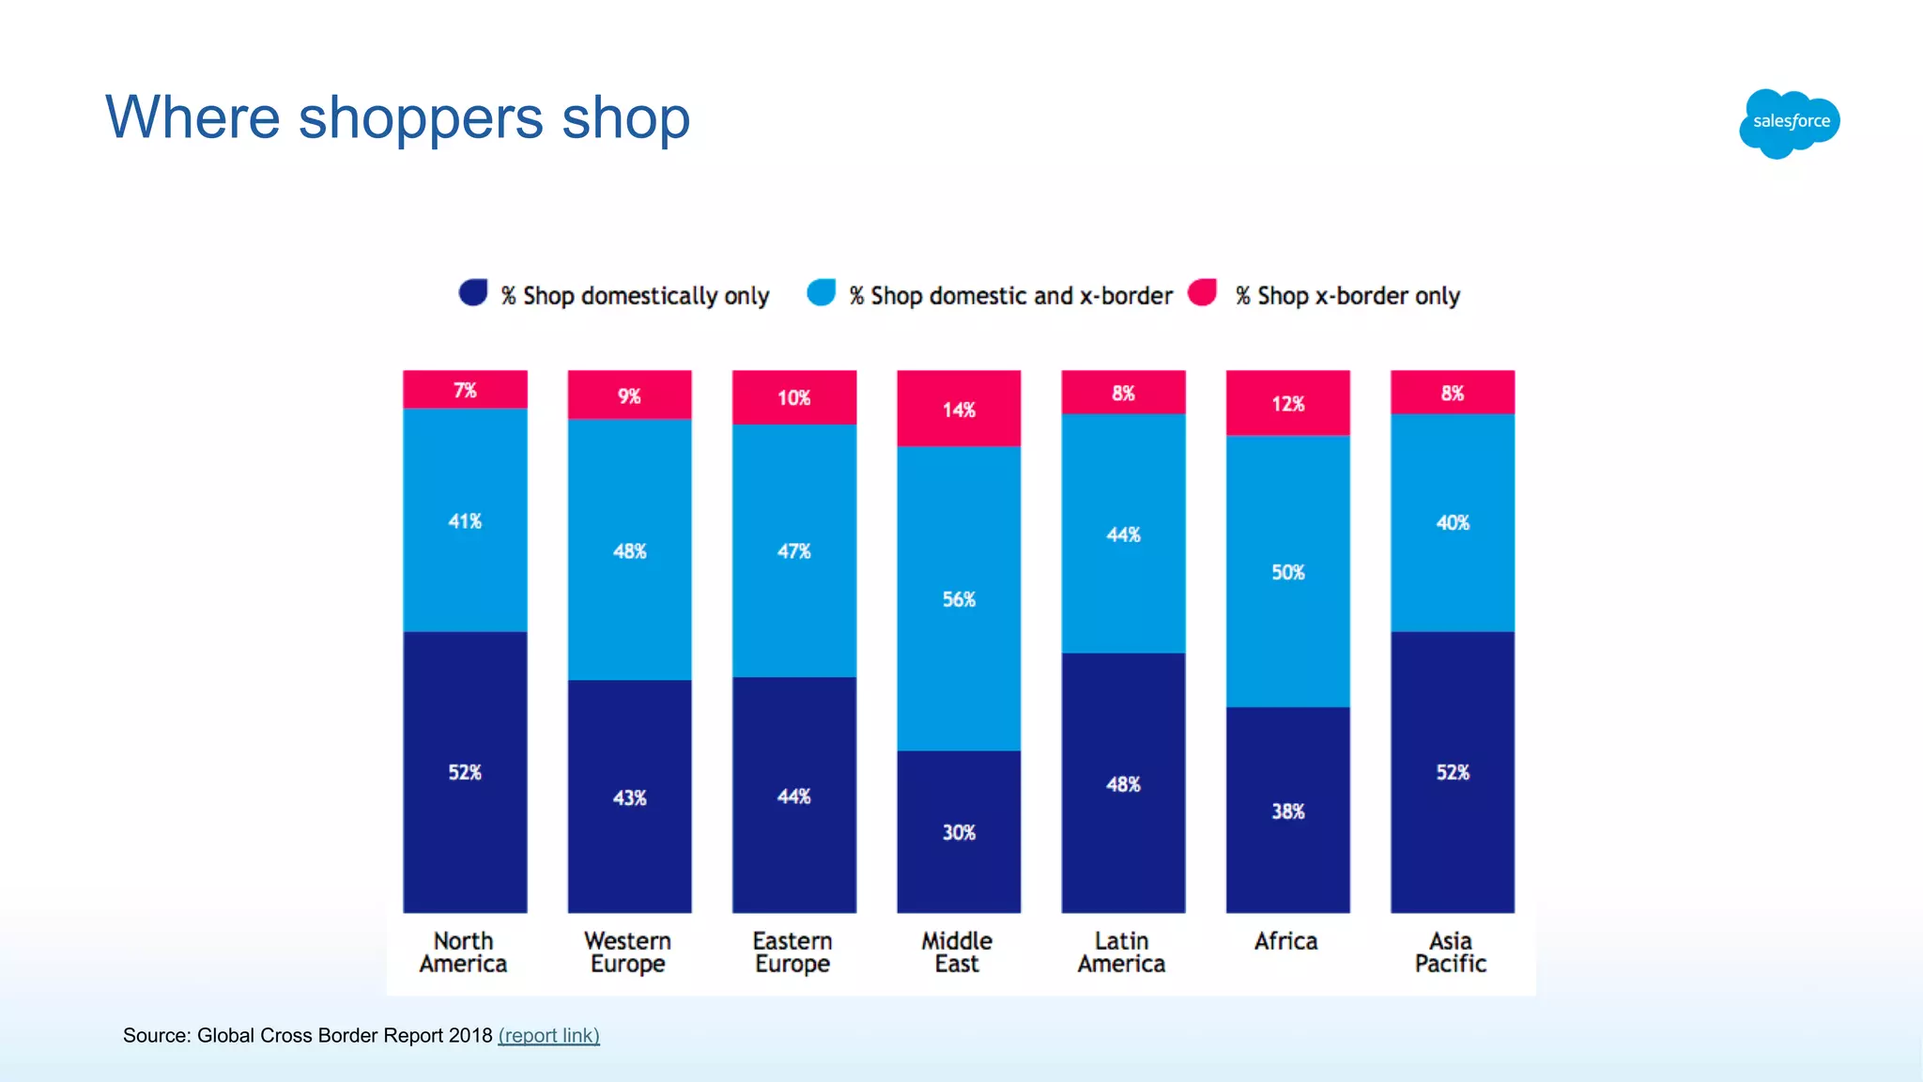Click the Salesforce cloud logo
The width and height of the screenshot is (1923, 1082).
pyautogui.click(x=1790, y=123)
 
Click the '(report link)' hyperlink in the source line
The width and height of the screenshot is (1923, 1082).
pyautogui.click(x=548, y=1035)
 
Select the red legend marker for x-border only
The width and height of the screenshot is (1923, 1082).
pyautogui.click(x=1203, y=293)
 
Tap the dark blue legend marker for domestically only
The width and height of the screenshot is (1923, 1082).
pyautogui.click(x=473, y=293)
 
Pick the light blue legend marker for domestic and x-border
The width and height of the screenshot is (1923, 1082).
pyautogui.click(x=822, y=293)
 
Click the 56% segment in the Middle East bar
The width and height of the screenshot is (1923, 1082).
pyautogui.click(x=959, y=599)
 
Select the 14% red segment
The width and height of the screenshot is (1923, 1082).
pyautogui.click(x=959, y=410)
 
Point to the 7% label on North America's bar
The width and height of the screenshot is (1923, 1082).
pyautogui.click(x=465, y=390)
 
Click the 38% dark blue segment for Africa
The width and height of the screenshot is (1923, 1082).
pyautogui.click(x=1287, y=811)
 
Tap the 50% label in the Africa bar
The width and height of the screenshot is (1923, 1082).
pyautogui.click(x=1287, y=572)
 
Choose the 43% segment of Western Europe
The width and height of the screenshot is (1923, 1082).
pyautogui.click(x=629, y=797)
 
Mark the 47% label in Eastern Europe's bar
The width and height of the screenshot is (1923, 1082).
pyautogui.click(x=793, y=551)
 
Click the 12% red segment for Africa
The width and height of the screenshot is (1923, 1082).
pyautogui.click(x=1287, y=404)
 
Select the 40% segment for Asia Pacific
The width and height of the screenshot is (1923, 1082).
pyautogui.click(x=1452, y=522)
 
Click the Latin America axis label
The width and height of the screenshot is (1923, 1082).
pyautogui.click(x=1121, y=952)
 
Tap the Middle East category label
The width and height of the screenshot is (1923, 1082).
pyautogui.click(x=957, y=952)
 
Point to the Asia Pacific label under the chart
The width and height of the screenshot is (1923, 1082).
pyautogui.click(x=1451, y=952)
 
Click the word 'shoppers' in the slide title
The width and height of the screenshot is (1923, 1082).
pyautogui.click(x=421, y=119)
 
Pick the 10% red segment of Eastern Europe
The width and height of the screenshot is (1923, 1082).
pyautogui.click(x=793, y=397)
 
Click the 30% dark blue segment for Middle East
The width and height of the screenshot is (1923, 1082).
pyautogui.click(x=959, y=832)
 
